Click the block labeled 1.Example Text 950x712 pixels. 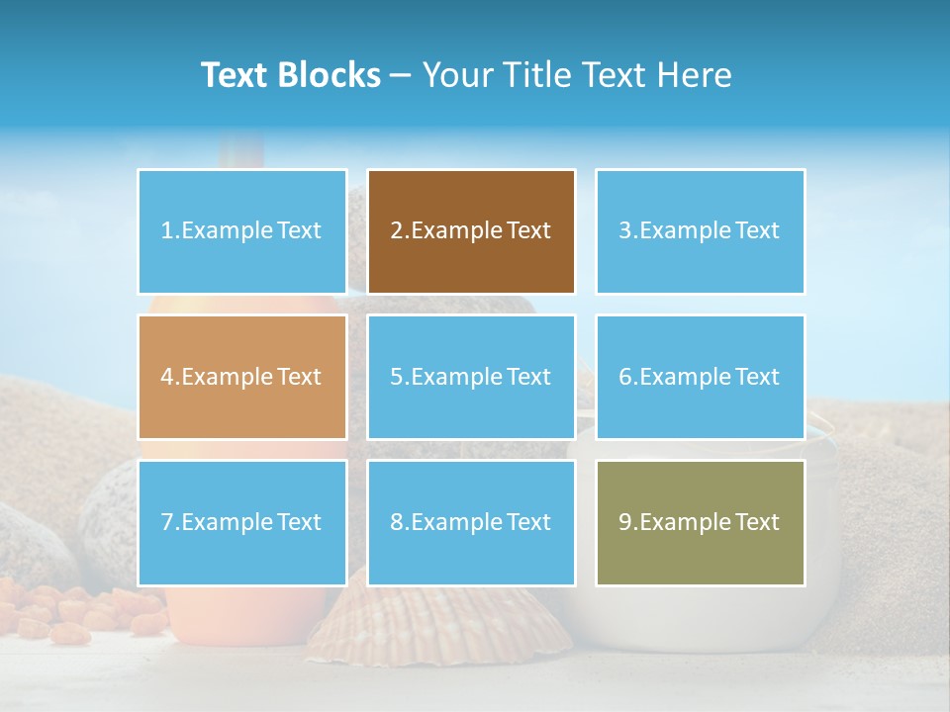241,231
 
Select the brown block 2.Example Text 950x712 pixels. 471,231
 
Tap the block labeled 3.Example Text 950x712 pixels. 700,231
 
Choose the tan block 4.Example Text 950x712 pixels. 241,377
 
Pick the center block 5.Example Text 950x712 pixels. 471,377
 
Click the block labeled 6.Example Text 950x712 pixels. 700,377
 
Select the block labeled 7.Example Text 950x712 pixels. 241,522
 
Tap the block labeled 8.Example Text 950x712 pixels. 471,522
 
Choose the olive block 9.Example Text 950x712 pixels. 700,522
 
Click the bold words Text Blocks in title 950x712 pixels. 290,75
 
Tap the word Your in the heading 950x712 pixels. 456,75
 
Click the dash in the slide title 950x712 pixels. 401,76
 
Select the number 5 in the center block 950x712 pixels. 396,377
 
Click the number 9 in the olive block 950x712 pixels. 625,522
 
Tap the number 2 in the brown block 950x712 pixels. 396,231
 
